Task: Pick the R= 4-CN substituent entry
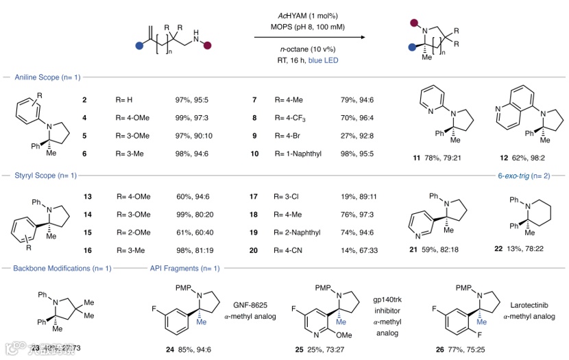pos(291,251)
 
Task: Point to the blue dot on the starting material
pos(139,47)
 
